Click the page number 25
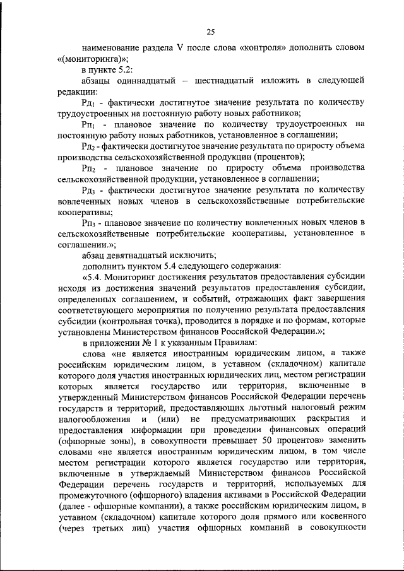click(210, 32)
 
